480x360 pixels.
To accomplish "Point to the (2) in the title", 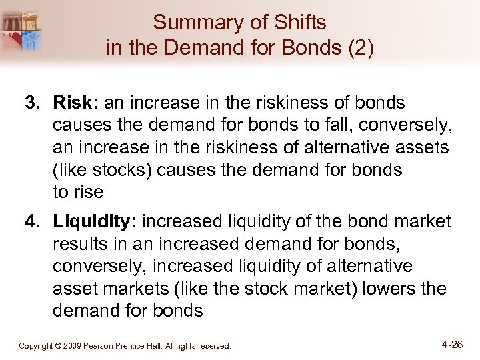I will coord(360,48).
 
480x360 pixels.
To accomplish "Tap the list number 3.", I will coord(31,103).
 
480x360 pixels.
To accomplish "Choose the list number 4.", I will coord(31,221).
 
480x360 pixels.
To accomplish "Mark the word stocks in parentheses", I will coord(121,170).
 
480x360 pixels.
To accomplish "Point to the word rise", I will coord(88,192).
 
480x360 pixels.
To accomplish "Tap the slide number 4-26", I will coord(452,345).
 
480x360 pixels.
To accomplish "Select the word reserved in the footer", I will coord(214,346).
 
